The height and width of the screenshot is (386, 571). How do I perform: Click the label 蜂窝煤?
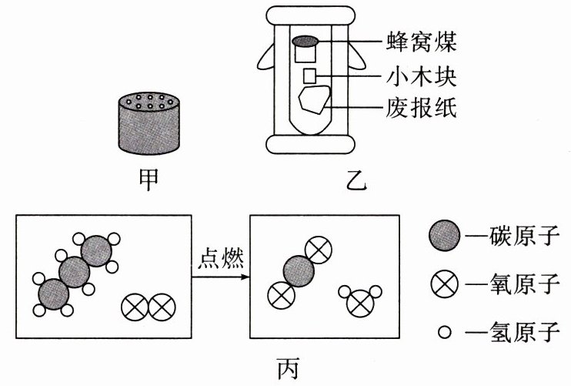pos(421,42)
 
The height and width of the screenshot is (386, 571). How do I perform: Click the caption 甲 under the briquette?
pos(149,180)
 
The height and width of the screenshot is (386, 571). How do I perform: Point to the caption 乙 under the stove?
pos(356,180)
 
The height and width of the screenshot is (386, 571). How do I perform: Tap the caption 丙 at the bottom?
pos(288,369)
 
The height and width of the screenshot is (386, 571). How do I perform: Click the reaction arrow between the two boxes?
pos(221,277)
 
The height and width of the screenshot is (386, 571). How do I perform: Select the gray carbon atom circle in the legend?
pos(444,235)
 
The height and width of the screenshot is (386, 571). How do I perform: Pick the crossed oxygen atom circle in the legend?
pos(444,284)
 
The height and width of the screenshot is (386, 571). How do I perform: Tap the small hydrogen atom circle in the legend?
pos(444,332)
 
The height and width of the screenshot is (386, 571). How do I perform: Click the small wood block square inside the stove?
pos(309,76)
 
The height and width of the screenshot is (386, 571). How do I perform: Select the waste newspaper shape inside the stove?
pos(314,99)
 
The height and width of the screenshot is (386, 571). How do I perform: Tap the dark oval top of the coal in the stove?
pos(306,42)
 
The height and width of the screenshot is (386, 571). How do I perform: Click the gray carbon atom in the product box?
pos(299,271)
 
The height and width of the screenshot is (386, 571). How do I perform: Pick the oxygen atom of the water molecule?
pos(360,304)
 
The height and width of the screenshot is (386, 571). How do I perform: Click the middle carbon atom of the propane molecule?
pos(75,272)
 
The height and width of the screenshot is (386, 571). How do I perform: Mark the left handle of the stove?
pos(265,59)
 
